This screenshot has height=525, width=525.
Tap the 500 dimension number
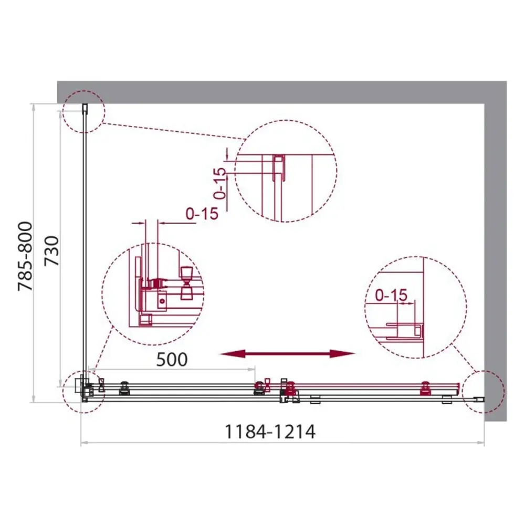pyautogui.click(x=172, y=360)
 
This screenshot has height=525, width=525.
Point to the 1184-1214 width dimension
pyautogui.click(x=270, y=432)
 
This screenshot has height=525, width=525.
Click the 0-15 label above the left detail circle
pyautogui.click(x=201, y=214)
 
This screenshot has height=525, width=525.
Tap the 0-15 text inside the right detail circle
pyautogui.click(x=391, y=296)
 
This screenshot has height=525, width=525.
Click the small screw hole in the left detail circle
pyautogui.click(x=163, y=301)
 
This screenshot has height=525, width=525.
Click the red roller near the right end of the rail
pyautogui.click(x=425, y=389)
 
